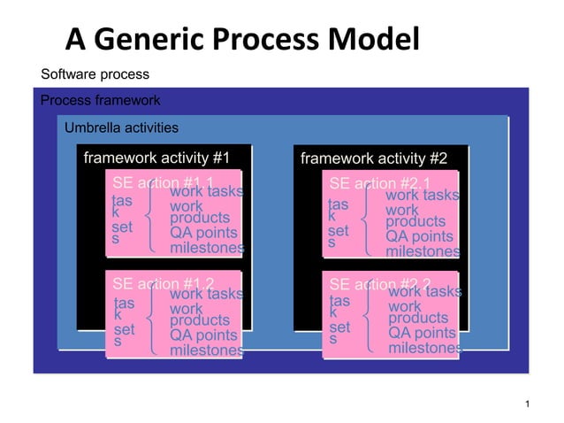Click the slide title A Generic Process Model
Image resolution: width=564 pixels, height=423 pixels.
point(241,39)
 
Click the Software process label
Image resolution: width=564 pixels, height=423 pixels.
point(95,74)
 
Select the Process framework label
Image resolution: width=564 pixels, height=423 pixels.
point(101,101)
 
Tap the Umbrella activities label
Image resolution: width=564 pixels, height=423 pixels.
point(121,128)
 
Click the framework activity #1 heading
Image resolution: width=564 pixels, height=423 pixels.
point(156,158)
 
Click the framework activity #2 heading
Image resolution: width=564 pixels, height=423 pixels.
point(374,159)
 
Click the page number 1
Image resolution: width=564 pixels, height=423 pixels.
point(527,405)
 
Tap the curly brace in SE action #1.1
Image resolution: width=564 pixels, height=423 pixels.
point(155,219)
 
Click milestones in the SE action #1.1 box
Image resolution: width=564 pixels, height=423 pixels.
point(207,249)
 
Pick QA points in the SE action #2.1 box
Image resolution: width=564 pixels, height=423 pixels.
point(421,236)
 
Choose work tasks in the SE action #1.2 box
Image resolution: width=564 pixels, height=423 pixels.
point(206,293)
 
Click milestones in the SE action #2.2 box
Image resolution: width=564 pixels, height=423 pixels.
point(424,349)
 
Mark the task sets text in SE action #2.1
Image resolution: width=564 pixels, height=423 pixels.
point(338,222)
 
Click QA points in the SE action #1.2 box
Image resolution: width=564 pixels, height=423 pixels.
point(203,335)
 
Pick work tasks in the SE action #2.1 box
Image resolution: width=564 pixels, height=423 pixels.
point(422,195)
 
